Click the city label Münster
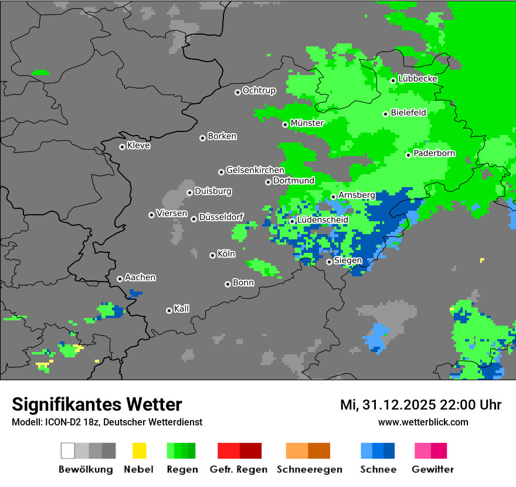pos(307,123)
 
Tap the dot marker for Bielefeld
pos(385,114)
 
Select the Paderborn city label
pos(434,154)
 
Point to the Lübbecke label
pos(417,79)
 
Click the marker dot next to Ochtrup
pos(237,92)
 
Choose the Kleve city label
pos(138,146)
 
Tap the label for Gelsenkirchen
pos(255,170)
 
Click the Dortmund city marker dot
pos(268,182)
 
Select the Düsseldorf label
pos(221,217)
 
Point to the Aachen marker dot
pos(120,279)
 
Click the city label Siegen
pos(348,261)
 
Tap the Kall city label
pos(181,309)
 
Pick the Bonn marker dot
pos(228,284)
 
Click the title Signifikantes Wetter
pos(97,404)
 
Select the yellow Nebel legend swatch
pos(139,451)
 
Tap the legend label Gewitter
pos(432,469)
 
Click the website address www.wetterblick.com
pos(423,422)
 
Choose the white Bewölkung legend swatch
pos(67,451)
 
